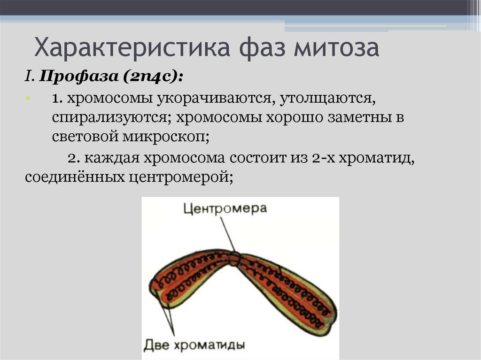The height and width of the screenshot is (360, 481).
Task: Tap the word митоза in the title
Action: click(x=335, y=48)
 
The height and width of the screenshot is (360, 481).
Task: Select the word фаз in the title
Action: click(x=256, y=48)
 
